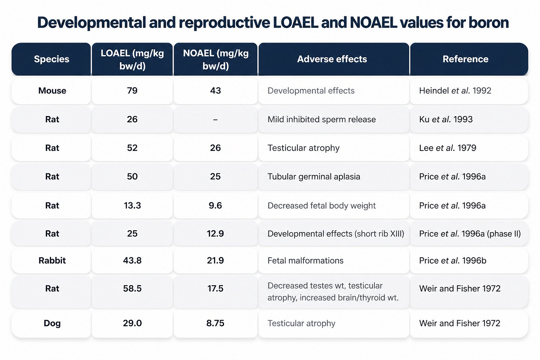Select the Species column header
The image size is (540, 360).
coord(52,59)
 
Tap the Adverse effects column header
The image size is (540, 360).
coord(332,59)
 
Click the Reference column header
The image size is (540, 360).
coord(465,59)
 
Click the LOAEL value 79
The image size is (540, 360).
coord(132,90)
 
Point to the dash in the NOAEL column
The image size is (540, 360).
coord(215,119)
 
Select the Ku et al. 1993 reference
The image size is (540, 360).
coord(446,119)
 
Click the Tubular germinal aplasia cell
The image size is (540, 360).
coord(314,176)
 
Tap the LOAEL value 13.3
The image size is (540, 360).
coord(132,205)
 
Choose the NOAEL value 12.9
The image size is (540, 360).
coord(215,234)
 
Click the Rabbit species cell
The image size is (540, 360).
coord(52,261)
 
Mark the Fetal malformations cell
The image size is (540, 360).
coord(306,261)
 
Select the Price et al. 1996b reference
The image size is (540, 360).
coord(452,261)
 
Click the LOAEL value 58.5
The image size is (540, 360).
coord(132,288)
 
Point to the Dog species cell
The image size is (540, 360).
coord(52,323)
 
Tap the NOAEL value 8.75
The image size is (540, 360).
coord(215,323)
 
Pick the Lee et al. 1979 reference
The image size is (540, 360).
coord(447,148)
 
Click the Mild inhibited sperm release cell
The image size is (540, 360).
coord(322,119)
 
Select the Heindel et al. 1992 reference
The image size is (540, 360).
coord(455,90)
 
